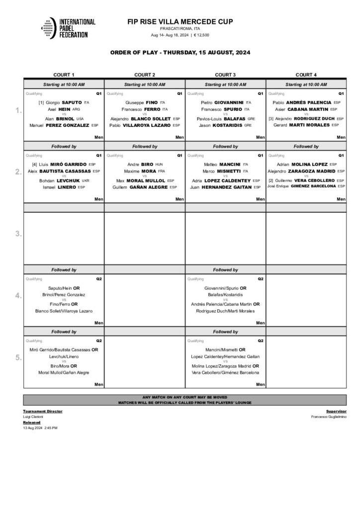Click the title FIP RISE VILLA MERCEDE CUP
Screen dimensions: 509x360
pos(180,22)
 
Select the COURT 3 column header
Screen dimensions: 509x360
pos(225,75)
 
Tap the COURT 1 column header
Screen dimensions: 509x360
pos(64,75)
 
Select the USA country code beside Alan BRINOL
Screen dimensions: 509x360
pos(80,119)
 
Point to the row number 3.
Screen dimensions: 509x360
pos(18,234)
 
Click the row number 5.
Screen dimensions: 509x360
pos(18,358)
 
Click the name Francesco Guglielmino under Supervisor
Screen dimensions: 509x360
pos(329,417)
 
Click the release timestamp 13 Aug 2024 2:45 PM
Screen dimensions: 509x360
pos(40,427)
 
